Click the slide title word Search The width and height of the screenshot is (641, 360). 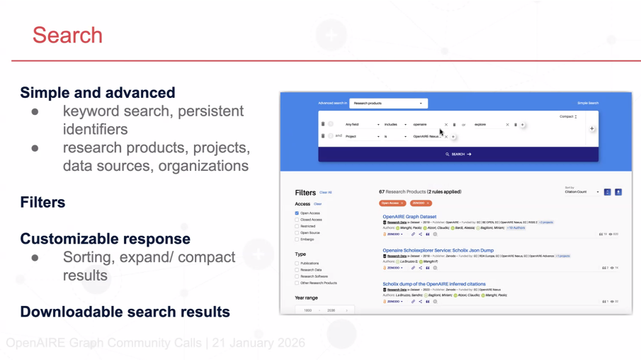coord(67,35)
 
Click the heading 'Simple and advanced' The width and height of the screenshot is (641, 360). coord(97,92)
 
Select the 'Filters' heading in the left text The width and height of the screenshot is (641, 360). coord(43,202)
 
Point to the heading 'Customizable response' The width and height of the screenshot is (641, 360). coord(105,239)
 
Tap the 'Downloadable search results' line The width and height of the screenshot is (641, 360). coord(125,312)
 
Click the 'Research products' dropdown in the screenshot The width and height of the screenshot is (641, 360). coord(388,103)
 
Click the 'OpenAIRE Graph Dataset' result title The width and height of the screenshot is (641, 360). coord(409,216)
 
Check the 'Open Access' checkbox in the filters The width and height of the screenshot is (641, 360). coord(297,213)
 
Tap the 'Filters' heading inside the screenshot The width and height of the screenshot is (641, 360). coord(305,192)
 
